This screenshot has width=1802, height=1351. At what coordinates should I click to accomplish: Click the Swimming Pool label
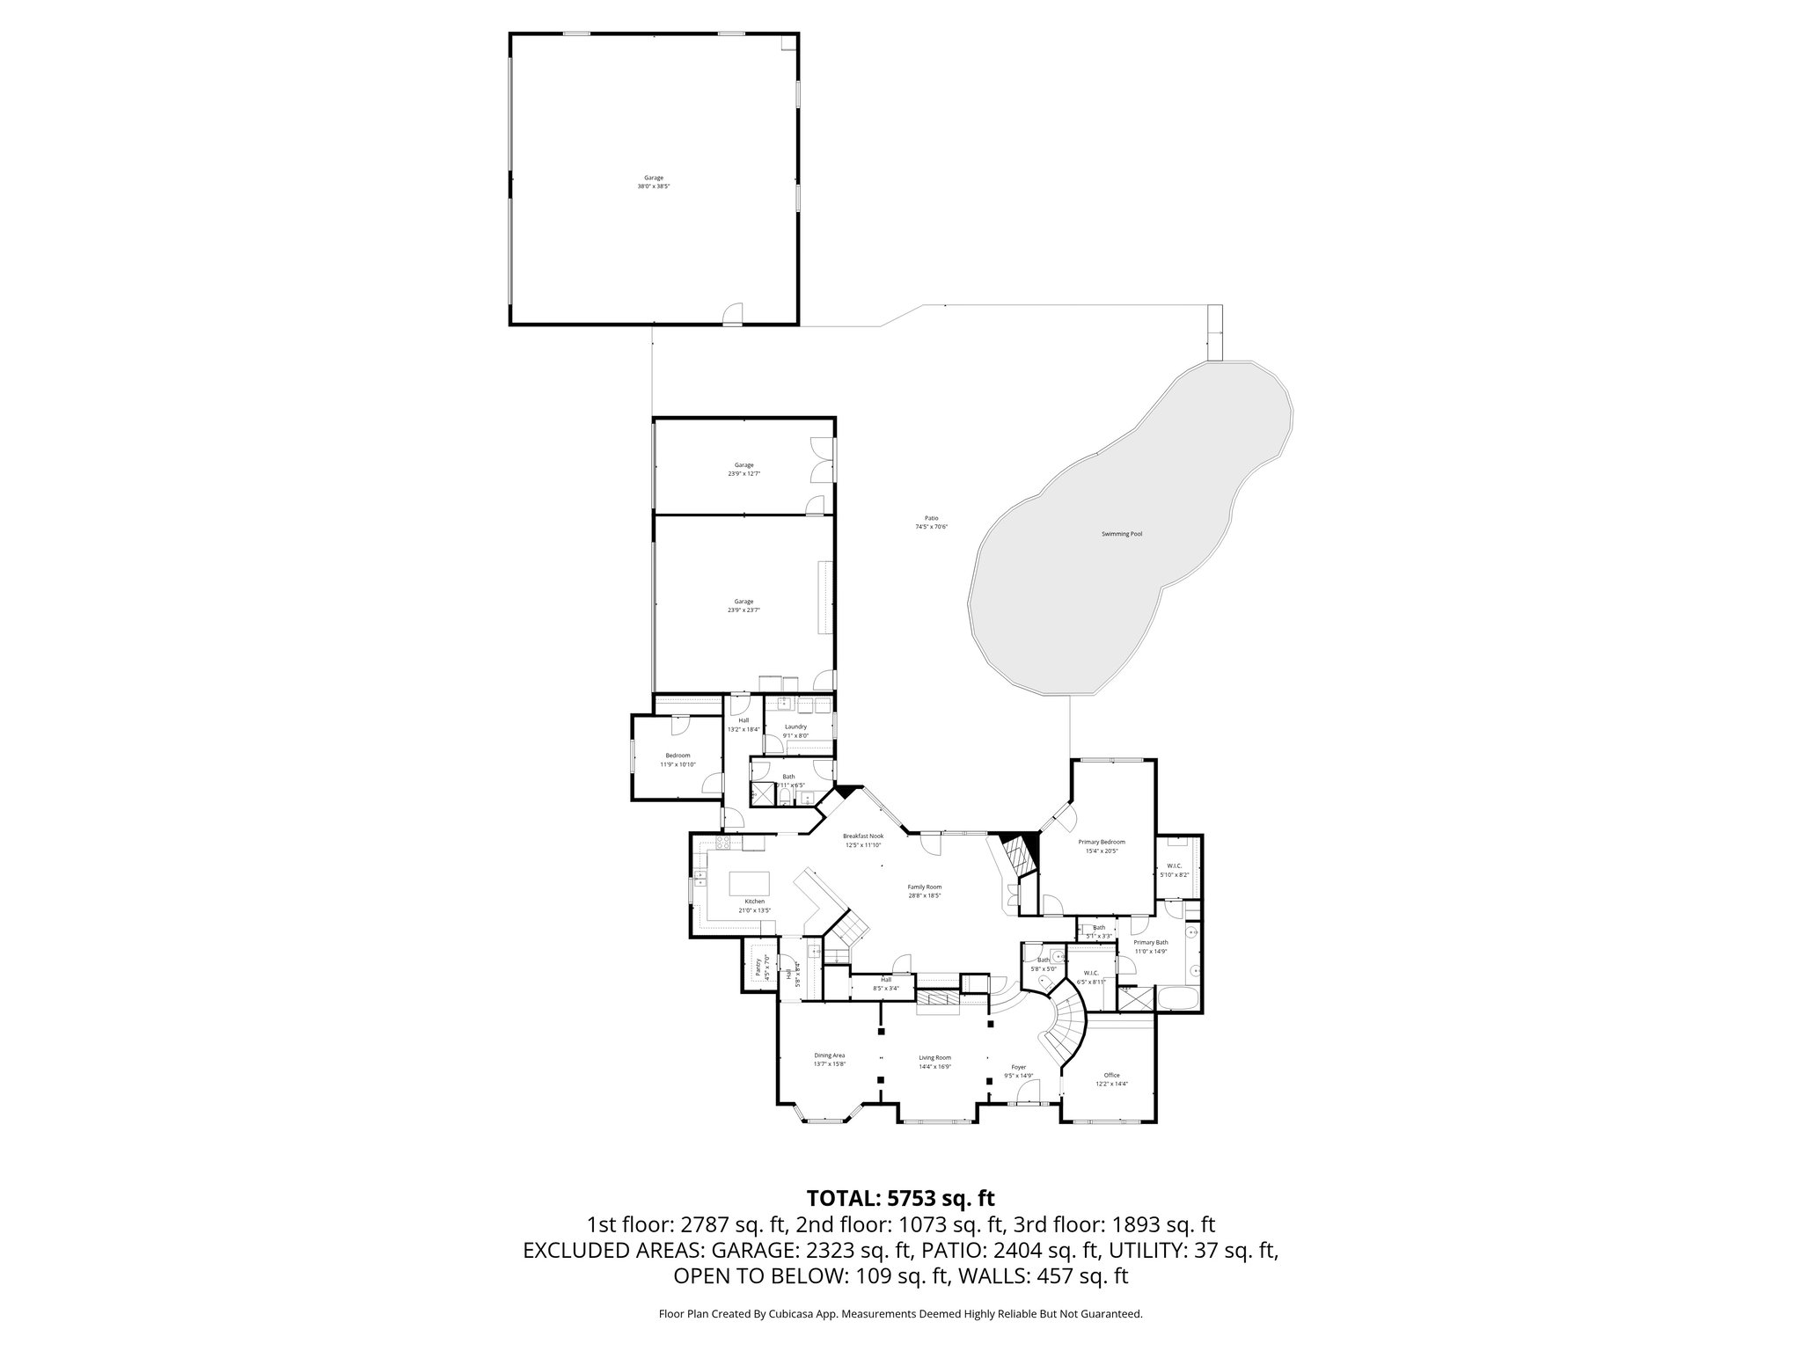point(1122,534)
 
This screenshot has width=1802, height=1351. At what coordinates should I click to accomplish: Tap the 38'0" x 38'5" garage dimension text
point(654,186)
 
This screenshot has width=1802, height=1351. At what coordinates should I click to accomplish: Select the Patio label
point(931,518)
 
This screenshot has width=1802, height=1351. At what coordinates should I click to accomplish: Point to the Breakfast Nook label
point(862,836)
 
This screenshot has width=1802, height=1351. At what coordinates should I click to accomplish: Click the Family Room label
point(925,887)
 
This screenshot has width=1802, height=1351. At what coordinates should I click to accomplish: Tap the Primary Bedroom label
point(1101,842)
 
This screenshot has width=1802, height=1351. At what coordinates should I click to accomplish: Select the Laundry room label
point(795,727)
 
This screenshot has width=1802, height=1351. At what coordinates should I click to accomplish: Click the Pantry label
point(758,968)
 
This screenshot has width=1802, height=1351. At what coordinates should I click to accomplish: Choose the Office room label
point(1111,1075)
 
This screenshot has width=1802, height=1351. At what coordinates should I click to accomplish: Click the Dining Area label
point(829,1055)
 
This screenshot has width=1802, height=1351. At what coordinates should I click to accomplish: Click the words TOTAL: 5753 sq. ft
point(900,1197)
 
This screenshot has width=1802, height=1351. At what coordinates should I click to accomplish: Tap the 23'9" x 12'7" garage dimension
point(744,473)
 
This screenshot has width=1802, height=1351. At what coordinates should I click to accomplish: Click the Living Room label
point(934,1058)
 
